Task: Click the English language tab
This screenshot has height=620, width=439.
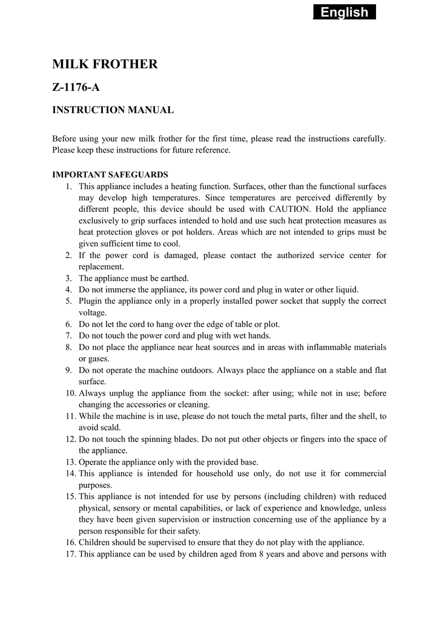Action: [345, 12]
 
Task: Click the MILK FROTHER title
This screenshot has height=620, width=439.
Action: [105, 64]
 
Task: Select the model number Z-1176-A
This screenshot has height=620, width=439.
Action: [76, 88]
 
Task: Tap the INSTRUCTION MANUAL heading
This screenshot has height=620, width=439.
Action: [113, 110]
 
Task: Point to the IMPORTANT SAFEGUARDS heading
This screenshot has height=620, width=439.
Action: [110, 174]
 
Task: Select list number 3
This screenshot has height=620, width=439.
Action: [68, 279]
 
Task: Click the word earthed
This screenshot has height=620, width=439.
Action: [175, 279]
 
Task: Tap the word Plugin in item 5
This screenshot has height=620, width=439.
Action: [91, 302]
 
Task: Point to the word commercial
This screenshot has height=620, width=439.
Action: [366, 474]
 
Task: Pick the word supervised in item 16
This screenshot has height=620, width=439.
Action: [168, 543]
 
